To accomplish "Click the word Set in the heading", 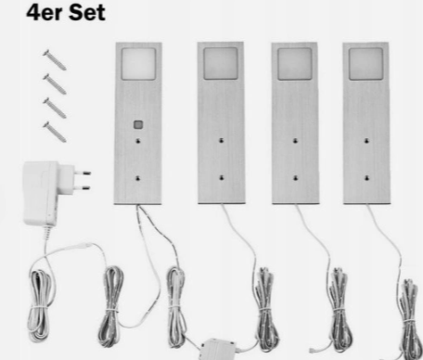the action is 87,13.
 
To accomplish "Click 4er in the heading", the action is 45,13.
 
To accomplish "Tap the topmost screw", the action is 55,60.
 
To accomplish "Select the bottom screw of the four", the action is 55,132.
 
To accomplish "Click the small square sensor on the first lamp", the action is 138,124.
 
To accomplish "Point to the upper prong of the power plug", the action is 83,173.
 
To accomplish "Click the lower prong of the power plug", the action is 83,187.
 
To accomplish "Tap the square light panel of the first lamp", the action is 138,64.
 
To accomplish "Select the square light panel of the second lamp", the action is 221,63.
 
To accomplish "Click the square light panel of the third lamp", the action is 295,64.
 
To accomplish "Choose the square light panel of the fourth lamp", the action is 365,64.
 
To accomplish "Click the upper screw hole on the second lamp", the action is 222,141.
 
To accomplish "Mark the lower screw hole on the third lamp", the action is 296,178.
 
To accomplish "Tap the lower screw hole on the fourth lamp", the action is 366,178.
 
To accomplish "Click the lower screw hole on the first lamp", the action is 138,178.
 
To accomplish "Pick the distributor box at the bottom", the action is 217,349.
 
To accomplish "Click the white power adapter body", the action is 42,192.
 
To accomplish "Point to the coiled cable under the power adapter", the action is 40,304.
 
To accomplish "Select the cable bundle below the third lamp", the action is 340,309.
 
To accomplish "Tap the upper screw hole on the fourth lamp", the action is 366,141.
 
